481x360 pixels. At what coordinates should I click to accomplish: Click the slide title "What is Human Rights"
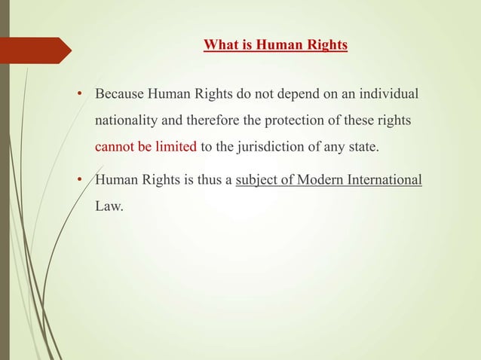click(275, 45)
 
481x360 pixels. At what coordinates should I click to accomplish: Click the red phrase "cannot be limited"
click(146, 145)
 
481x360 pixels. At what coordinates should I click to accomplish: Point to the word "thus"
click(210, 181)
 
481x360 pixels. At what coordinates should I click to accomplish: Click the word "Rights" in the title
click(323, 45)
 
